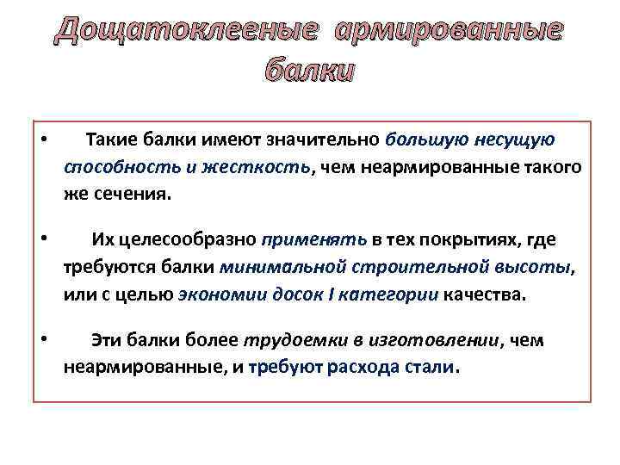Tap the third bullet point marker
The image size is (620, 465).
tap(42, 340)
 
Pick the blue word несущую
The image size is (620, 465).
tap(514, 140)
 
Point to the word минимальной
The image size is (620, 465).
tap(276, 267)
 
